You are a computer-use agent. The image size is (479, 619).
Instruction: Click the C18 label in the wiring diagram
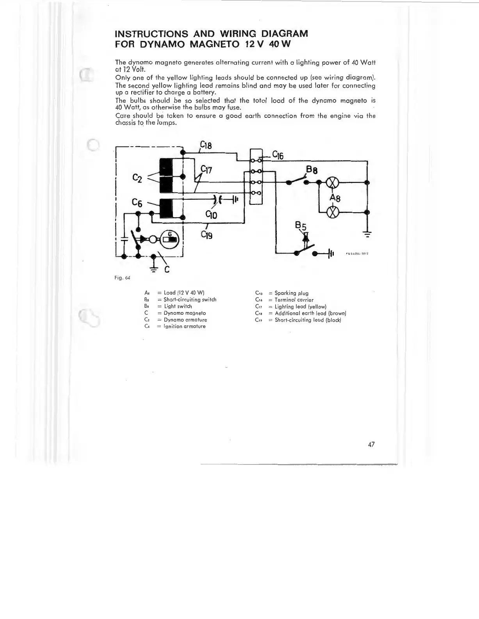tap(206, 146)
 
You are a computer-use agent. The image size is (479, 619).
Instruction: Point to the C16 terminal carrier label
tap(278, 155)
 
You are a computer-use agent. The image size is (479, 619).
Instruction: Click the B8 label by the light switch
tap(312, 170)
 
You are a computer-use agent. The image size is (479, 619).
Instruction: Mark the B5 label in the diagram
tap(301, 226)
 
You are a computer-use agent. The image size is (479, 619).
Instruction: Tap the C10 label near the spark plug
tap(211, 215)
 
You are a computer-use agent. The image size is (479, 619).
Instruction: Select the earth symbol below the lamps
tap(367, 234)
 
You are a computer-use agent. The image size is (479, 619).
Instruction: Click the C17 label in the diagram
tap(206, 170)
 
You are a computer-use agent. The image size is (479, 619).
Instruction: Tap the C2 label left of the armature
tap(137, 178)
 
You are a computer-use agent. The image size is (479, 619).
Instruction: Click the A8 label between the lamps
tap(335, 198)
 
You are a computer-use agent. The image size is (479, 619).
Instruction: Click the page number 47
tap(371, 444)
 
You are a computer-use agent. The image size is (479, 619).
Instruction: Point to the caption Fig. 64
tap(122, 278)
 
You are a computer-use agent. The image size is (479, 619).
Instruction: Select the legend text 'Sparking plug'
tap(291, 293)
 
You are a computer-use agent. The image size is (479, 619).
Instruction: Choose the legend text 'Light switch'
tap(178, 307)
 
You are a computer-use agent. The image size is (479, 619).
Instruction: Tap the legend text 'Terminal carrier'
tap(294, 300)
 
